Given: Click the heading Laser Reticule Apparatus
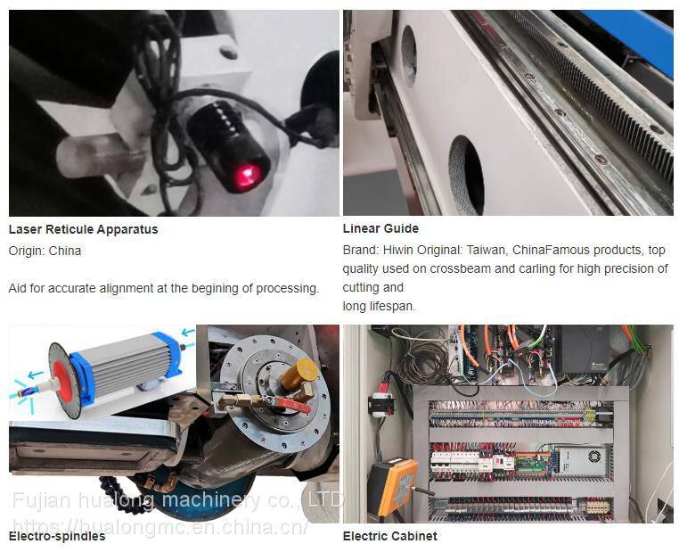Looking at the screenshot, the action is (x=83, y=229).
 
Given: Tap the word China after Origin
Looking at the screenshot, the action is (x=64, y=251).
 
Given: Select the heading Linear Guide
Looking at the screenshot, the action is (x=380, y=228).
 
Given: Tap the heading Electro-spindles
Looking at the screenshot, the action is (x=57, y=537).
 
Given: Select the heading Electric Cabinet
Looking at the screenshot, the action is (x=389, y=536).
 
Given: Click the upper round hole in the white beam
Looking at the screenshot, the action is (x=409, y=55).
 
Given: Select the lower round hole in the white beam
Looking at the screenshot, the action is (x=466, y=175).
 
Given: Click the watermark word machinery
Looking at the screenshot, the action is (x=212, y=500).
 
